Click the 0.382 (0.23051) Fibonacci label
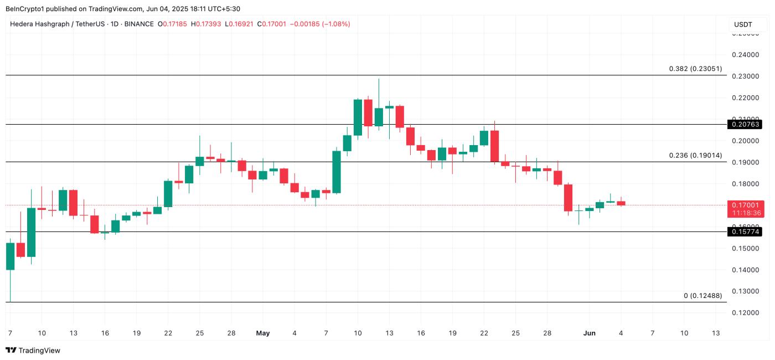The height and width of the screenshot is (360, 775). [695, 69]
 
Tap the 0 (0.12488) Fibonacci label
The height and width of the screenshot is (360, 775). [702, 296]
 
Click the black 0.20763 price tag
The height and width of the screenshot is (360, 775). [746, 125]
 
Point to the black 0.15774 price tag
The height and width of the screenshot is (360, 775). [746, 232]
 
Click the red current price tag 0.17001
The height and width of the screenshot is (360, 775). [746, 205]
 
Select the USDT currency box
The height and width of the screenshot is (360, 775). [743, 24]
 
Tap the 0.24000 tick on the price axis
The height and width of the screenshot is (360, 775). [745, 55]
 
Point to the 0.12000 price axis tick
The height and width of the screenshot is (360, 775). [745, 313]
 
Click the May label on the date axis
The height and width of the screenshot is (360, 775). [263, 333]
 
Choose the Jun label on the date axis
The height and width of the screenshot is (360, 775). [588, 333]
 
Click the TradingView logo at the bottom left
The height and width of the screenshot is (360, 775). [33, 350]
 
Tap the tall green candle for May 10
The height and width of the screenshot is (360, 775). [358, 117]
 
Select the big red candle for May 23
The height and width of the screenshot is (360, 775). [495, 146]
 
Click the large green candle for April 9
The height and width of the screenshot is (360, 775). [31, 232]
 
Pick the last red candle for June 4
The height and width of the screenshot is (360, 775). [621, 203]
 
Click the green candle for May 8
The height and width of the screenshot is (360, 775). [337, 172]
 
